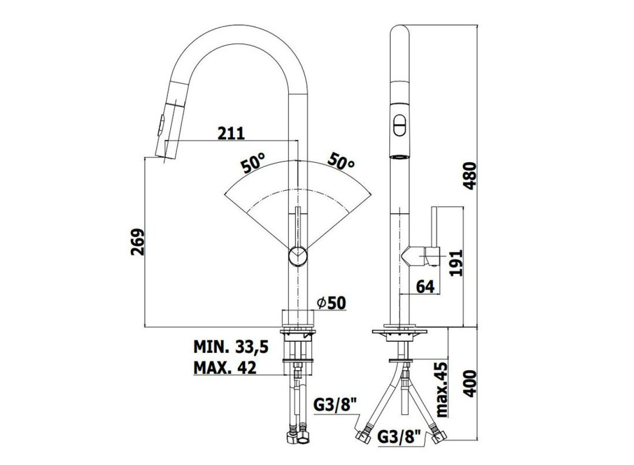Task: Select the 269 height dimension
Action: [138, 242]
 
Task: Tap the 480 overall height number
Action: [470, 176]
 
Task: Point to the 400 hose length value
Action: [470, 384]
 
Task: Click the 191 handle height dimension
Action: [456, 263]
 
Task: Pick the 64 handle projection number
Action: [425, 287]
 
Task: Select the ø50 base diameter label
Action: [332, 303]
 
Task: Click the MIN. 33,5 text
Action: [231, 346]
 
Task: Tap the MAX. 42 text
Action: [225, 367]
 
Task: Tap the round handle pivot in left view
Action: [298, 256]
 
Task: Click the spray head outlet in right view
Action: [400, 157]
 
